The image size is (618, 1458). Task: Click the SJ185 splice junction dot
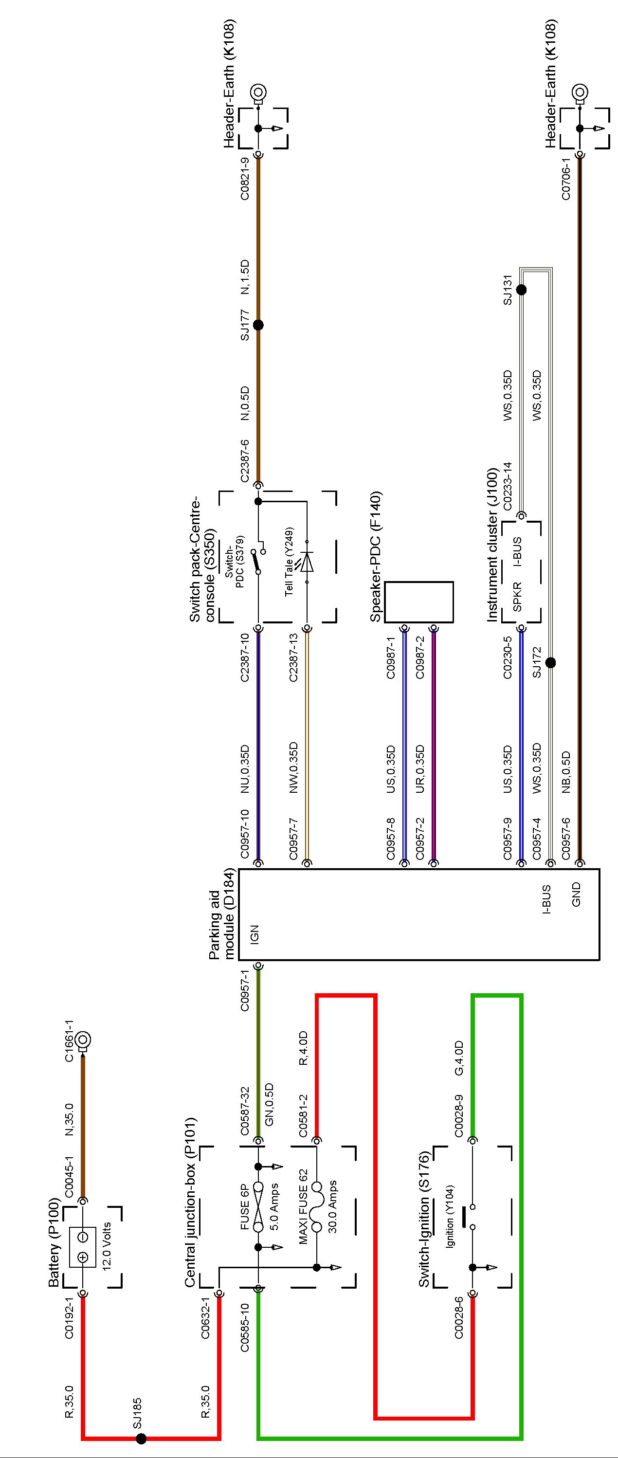coord(141,1438)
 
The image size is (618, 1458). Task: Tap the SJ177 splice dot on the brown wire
coord(258,325)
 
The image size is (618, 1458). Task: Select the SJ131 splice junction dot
coord(521,290)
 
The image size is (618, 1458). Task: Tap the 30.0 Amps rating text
coord(332,1206)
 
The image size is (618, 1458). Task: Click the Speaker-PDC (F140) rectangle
coord(419,601)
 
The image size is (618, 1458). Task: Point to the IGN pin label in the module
coord(254,933)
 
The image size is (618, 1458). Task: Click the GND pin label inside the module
coord(576,894)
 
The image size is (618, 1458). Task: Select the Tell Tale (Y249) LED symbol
coord(307,563)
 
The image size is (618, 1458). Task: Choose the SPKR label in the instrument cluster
coord(517,597)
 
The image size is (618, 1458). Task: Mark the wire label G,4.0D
coord(459,1058)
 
